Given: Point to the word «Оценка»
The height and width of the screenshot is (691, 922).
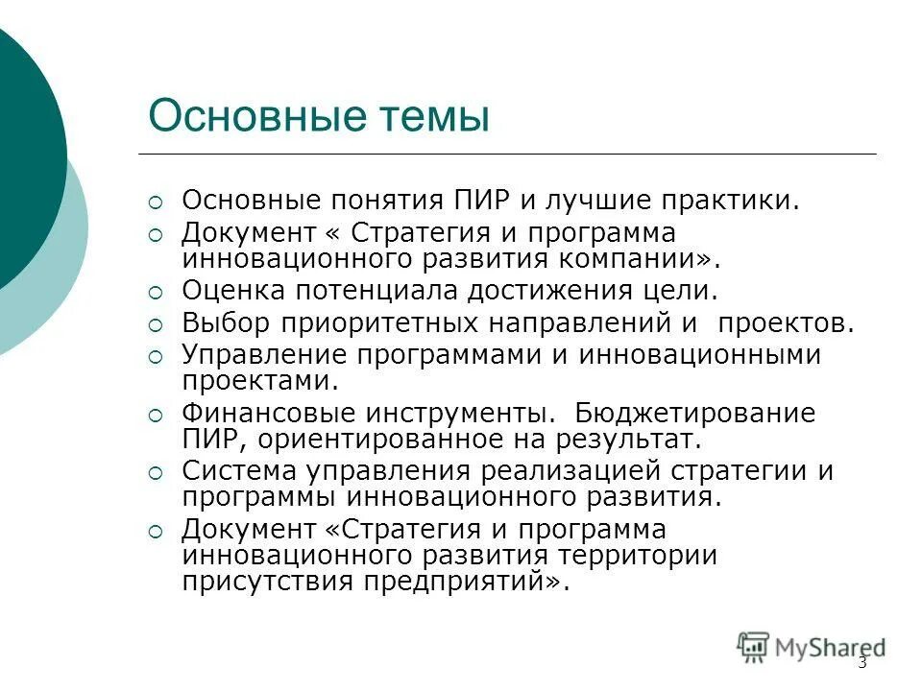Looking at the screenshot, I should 231,290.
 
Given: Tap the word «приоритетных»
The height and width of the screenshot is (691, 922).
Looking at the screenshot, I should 376,322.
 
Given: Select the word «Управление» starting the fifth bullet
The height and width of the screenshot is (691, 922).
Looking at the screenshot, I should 264,354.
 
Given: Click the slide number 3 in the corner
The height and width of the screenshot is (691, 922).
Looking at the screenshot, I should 861,662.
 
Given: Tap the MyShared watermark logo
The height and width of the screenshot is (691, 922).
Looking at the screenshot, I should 812,647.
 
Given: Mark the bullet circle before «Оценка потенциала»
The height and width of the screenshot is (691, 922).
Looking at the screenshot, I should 156,292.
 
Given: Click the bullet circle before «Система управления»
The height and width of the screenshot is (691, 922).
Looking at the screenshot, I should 156,473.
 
